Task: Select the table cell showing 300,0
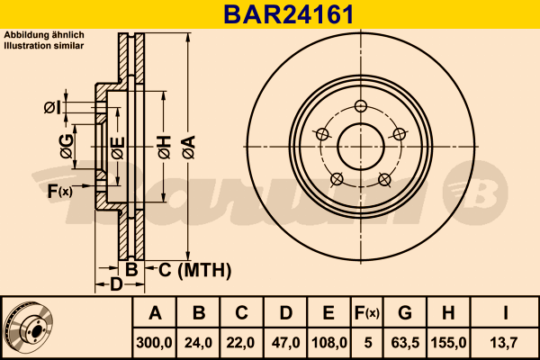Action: click(155, 343)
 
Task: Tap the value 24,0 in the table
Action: click(199, 343)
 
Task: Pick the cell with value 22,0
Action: click(241, 343)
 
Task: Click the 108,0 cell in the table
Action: click(328, 343)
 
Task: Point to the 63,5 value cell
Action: click(405, 343)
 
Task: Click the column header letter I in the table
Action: click(506, 314)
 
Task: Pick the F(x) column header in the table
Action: click(367, 314)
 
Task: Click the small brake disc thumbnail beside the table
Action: click(29, 328)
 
